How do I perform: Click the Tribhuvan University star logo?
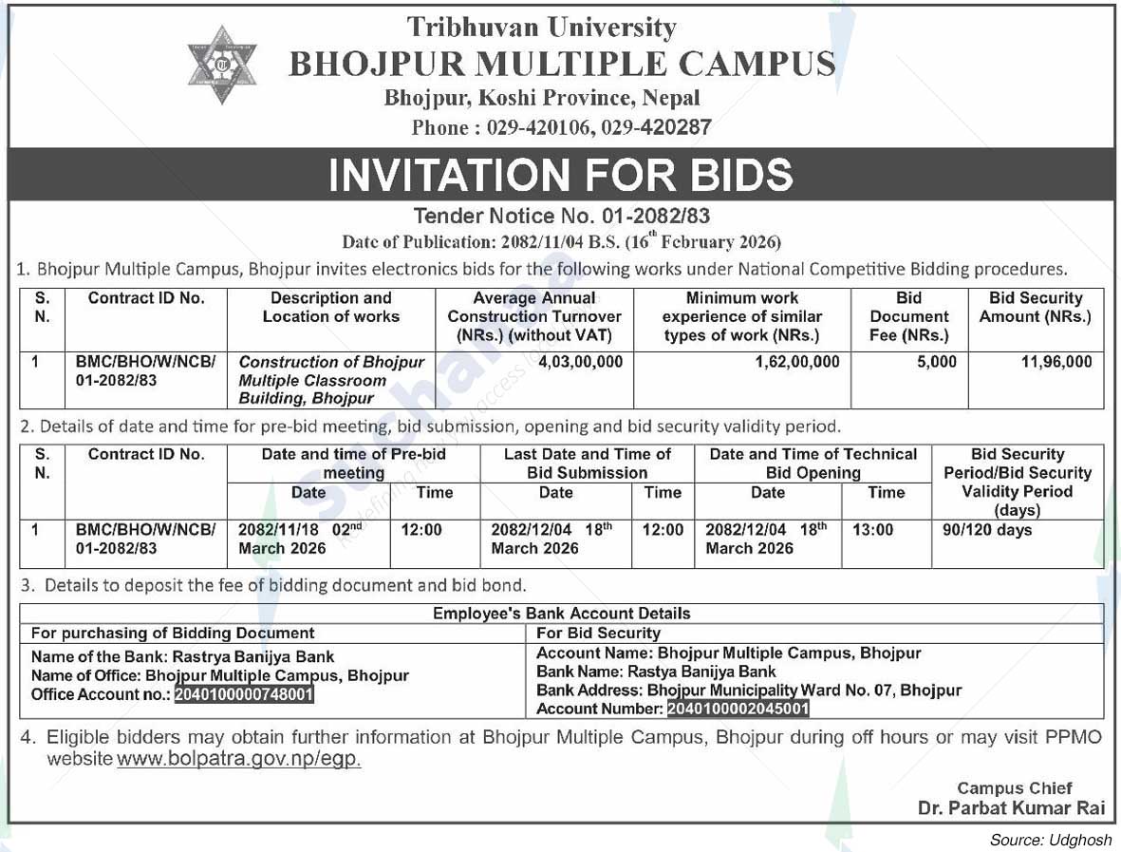[x=221, y=64]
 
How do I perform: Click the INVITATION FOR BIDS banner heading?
[x=560, y=175]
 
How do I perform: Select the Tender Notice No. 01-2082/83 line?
[x=561, y=217]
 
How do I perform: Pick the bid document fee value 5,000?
[x=936, y=362]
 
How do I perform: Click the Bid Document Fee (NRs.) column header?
[x=908, y=316]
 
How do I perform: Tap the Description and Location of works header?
[x=330, y=308]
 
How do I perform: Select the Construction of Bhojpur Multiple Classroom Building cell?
[x=331, y=380]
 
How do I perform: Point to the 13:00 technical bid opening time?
[x=872, y=530]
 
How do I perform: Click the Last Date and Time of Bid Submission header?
[x=588, y=463]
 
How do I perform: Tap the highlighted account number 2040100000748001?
[x=243, y=694]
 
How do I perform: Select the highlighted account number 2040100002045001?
[x=738, y=709]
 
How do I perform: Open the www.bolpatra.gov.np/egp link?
[x=239, y=760]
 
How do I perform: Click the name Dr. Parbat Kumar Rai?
[x=1011, y=808]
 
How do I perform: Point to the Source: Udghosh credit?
[x=1050, y=840]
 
